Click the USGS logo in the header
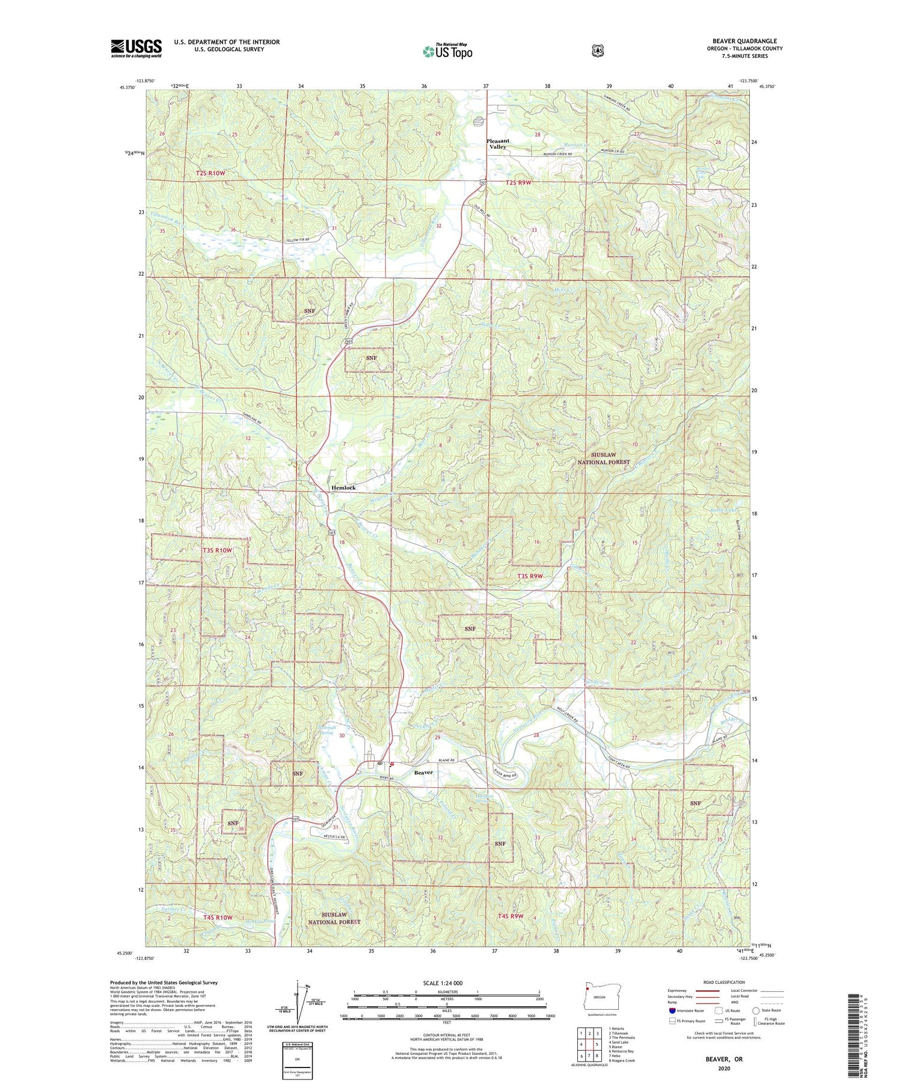[x=136, y=48]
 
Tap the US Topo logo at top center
[x=447, y=51]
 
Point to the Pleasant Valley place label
[x=497, y=144]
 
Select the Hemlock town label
[x=343, y=487]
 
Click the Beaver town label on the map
[x=423, y=772]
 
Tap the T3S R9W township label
[x=530, y=576]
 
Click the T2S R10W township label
[x=210, y=173]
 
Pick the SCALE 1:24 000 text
[x=443, y=983]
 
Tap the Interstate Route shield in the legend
[x=672, y=1010]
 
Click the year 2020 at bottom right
[x=724, y=1068]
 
